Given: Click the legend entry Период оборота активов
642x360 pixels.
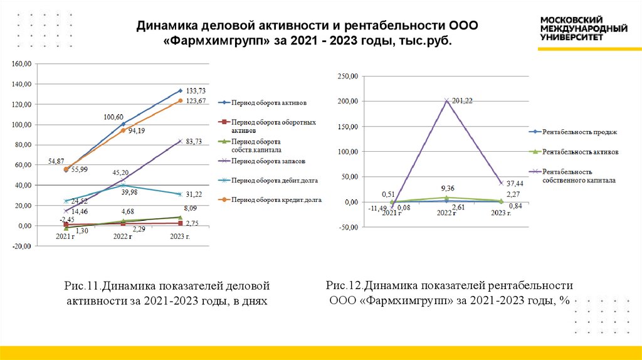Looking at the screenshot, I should pyautogui.click(x=268, y=102).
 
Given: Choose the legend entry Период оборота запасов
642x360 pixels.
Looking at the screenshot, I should pyautogui.click(x=268, y=161).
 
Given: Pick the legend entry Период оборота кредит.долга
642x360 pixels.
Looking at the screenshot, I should pyautogui.click(x=275, y=199).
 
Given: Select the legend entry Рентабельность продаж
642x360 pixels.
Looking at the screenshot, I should pyautogui.click(x=580, y=132).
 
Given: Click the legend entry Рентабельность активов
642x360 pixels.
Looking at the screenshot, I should pyautogui.click(x=581, y=152).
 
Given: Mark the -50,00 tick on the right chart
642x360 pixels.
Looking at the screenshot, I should pyautogui.click(x=347, y=228).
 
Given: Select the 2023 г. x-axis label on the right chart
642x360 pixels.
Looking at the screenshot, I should pyautogui.click(x=500, y=213).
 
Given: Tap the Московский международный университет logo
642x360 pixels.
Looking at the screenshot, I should pyautogui.click(x=584, y=28).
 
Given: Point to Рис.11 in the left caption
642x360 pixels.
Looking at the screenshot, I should pyautogui.click(x=82, y=286).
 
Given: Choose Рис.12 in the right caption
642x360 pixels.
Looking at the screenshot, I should pyautogui.click(x=343, y=285).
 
